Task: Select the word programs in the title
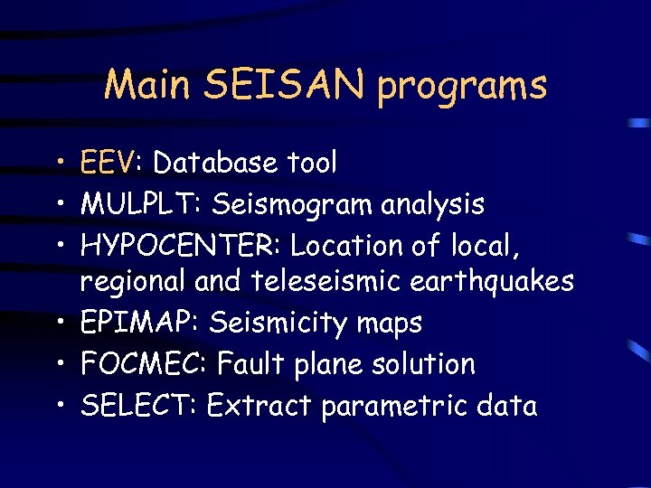click(462, 87)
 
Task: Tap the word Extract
click(258, 406)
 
